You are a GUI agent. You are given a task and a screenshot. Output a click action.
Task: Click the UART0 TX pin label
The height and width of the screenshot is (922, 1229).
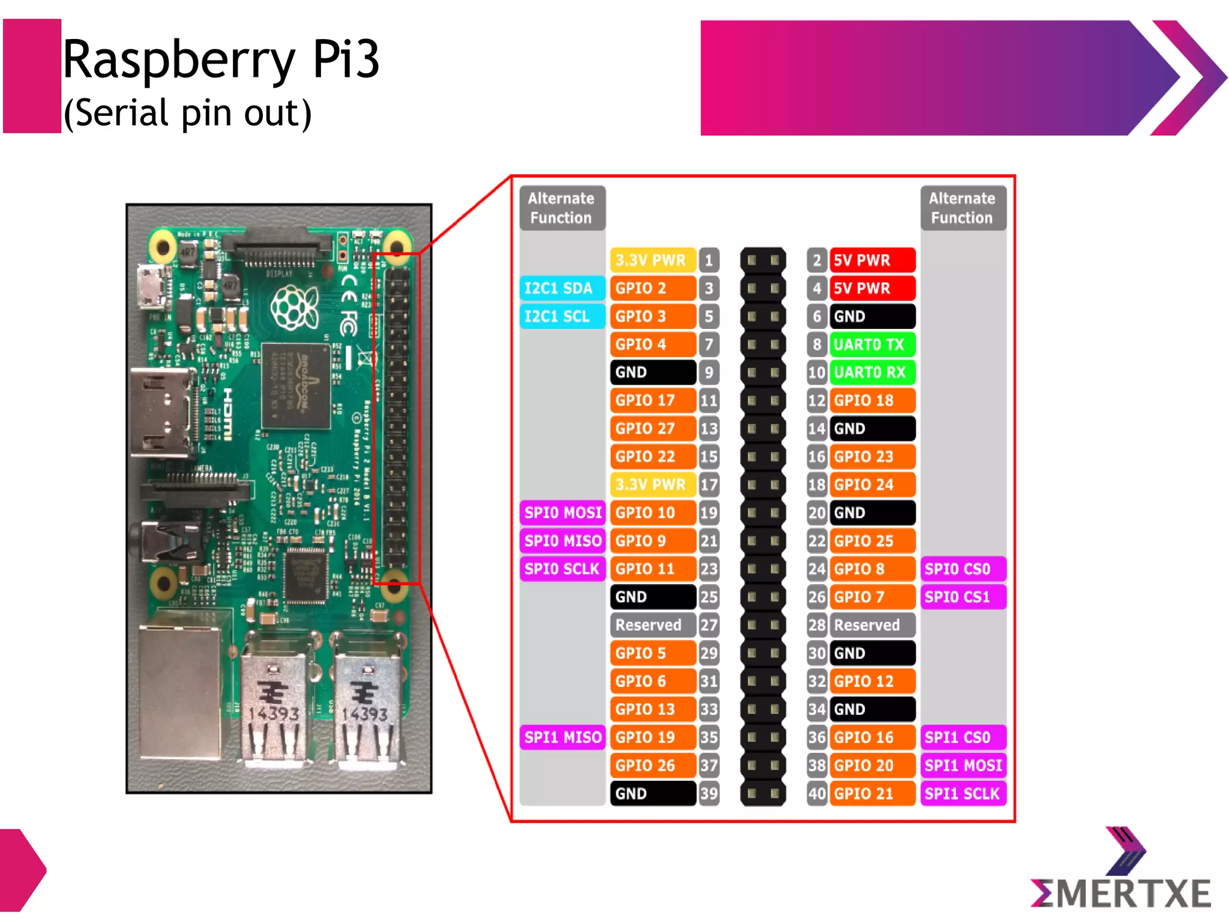pyautogui.click(x=871, y=345)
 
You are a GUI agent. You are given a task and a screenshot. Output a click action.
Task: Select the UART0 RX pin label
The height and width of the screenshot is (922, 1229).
pyautogui.click(x=871, y=373)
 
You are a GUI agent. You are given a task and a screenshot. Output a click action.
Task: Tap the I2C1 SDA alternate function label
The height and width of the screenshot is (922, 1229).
pyautogui.click(x=562, y=289)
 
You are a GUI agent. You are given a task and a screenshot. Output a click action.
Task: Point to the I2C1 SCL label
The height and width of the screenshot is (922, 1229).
pyautogui.click(x=562, y=316)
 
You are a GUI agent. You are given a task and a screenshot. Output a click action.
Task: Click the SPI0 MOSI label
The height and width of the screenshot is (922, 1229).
pyautogui.click(x=562, y=513)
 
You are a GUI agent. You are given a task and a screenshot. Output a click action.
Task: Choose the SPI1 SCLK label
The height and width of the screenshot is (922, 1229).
pyautogui.click(x=963, y=794)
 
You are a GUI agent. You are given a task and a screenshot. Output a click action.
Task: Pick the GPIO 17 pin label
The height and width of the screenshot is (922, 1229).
pyautogui.click(x=652, y=400)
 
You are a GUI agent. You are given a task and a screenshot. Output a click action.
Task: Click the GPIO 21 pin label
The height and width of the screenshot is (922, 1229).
pyautogui.click(x=871, y=794)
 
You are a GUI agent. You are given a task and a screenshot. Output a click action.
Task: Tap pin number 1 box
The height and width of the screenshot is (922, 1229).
pyautogui.click(x=709, y=261)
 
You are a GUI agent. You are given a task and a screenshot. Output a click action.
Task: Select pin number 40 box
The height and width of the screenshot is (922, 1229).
pyautogui.click(x=817, y=794)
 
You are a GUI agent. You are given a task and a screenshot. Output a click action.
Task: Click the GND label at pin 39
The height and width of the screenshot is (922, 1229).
pyautogui.click(x=652, y=794)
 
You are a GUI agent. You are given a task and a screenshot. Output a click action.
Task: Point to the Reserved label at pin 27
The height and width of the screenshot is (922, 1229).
pyautogui.click(x=652, y=625)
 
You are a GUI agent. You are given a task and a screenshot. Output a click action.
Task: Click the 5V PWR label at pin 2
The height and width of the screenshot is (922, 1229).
pyautogui.click(x=871, y=261)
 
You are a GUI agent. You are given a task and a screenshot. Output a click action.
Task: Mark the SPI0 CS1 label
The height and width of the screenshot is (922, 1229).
pyautogui.click(x=963, y=597)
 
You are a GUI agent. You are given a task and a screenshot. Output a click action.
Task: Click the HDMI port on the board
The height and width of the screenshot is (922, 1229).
pyautogui.click(x=161, y=414)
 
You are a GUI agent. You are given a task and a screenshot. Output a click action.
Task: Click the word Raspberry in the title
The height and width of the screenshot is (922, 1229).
pyautogui.click(x=179, y=60)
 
